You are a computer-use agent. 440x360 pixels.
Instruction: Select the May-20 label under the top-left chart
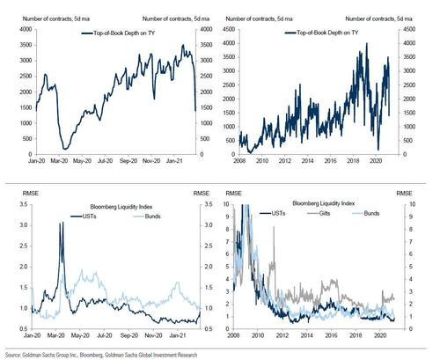coord(84,162)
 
